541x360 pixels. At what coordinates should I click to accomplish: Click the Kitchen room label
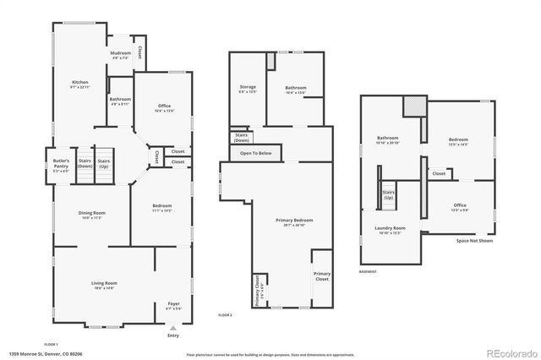[79, 83]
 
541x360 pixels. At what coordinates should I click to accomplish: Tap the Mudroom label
[120, 53]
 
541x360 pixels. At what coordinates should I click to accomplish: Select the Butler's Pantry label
[60, 162]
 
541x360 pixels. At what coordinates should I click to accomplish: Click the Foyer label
[173, 303]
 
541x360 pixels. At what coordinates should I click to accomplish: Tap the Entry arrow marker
[173, 328]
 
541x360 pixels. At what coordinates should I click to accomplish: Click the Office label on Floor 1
[165, 106]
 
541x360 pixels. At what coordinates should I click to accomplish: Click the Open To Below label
[255, 153]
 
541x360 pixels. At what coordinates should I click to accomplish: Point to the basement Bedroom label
[458, 139]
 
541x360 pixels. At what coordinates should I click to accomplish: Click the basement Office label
[460, 205]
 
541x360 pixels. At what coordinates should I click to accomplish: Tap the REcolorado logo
[509, 352]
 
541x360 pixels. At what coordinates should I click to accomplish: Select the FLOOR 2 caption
[225, 314]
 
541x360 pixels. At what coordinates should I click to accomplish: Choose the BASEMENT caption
[368, 271]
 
